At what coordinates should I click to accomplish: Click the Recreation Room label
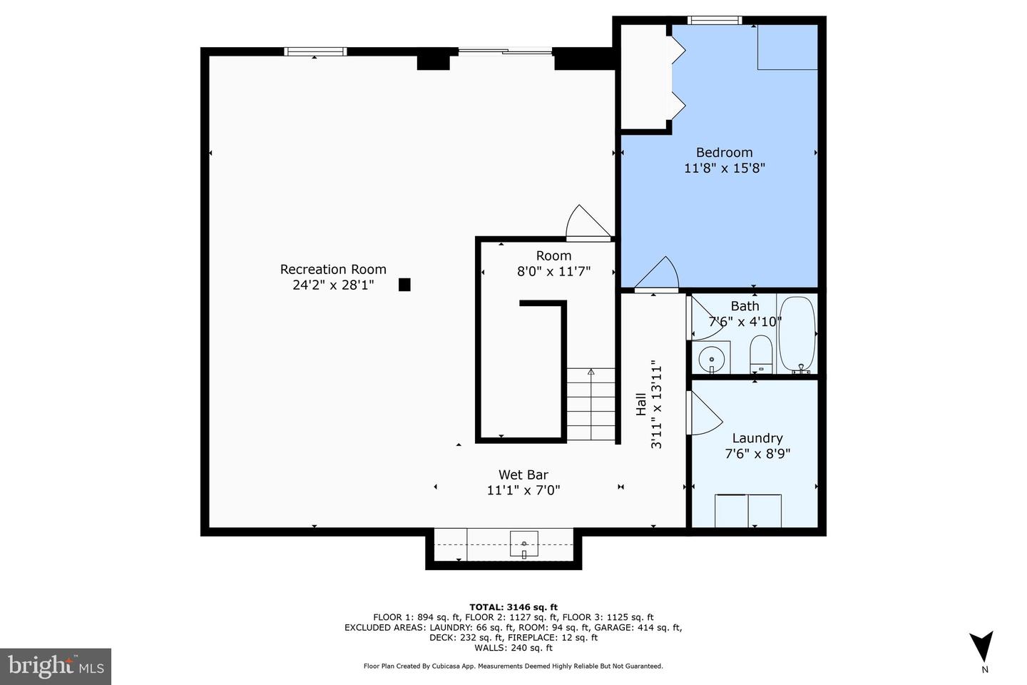(333, 269)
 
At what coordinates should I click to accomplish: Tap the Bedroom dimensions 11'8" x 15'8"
(725, 168)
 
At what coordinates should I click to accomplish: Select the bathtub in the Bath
(797, 335)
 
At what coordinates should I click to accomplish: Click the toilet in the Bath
(761, 354)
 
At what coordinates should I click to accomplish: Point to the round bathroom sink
(711, 359)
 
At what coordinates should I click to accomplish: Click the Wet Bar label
(523, 475)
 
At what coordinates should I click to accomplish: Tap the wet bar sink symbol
(524, 544)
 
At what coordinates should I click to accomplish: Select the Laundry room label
(757, 438)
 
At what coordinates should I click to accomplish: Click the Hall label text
(641, 405)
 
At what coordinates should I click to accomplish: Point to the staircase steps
(591, 404)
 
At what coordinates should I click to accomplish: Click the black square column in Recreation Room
(404, 285)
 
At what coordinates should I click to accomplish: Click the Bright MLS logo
(56, 666)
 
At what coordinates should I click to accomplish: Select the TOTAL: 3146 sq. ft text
(513, 607)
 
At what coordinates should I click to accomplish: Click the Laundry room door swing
(704, 412)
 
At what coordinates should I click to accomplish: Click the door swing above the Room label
(588, 223)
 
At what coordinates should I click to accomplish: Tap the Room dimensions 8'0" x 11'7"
(553, 272)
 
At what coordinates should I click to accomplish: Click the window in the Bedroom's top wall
(715, 20)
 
